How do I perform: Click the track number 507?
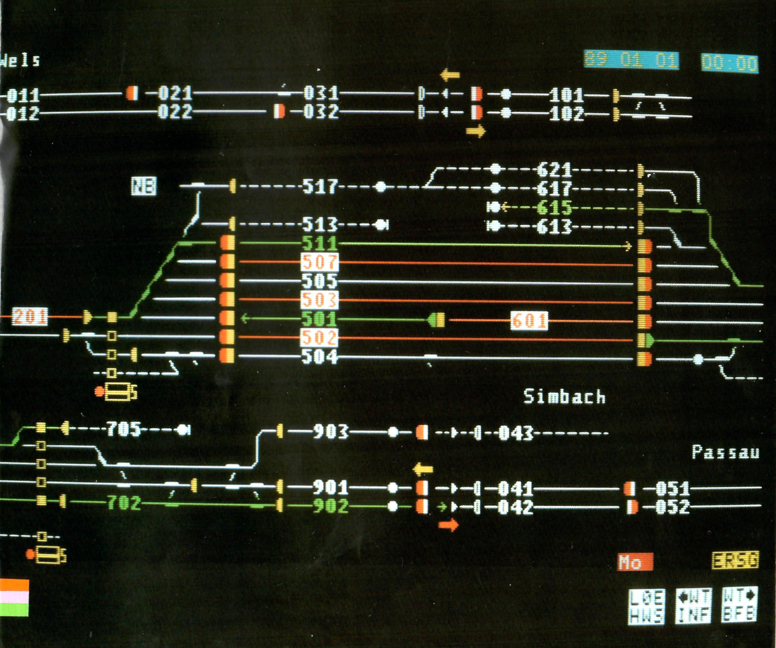click(320, 262)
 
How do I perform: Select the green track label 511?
click(320, 244)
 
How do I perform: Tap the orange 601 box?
click(529, 321)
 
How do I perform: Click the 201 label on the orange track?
click(29, 317)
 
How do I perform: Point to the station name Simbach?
click(564, 397)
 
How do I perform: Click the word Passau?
click(725, 452)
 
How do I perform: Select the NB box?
click(144, 186)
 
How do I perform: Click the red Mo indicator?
click(635, 562)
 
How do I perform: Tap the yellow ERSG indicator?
click(735, 560)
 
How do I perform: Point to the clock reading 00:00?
click(730, 63)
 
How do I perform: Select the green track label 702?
click(124, 503)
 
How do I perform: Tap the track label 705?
click(124, 429)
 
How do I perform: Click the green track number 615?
click(554, 208)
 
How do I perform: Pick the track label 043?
click(516, 433)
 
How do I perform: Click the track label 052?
click(673, 507)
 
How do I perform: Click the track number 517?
click(320, 187)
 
